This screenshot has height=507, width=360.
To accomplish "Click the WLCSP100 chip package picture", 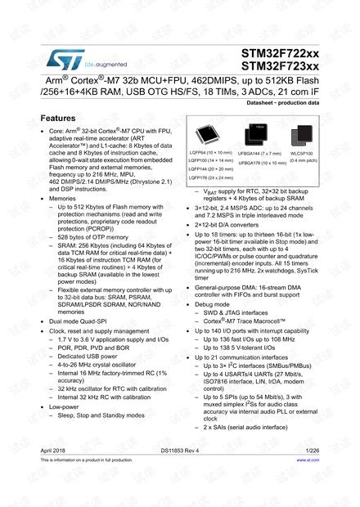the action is pos(303,133).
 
